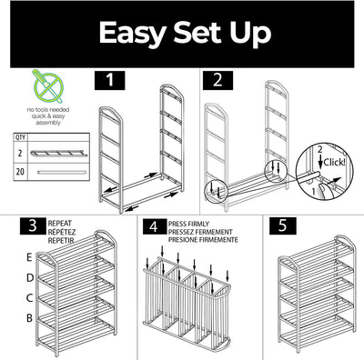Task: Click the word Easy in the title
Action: tap(133, 34)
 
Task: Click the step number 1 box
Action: tap(109, 80)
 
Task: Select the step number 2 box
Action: tap(217, 80)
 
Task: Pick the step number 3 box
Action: tap(33, 226)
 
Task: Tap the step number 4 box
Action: tap(155, 226)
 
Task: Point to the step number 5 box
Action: tap(283, 226)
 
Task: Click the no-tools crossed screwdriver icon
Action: tap(48, 86)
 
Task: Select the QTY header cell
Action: tap(20, 137)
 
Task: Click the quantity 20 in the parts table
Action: tap(20, 172)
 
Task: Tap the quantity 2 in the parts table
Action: tap(20, 153)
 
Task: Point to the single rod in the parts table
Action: tap(62, 173)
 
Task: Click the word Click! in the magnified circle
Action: tap(334, 163)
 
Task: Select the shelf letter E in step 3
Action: tap(29, 257)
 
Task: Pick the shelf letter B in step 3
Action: tap(29, 318)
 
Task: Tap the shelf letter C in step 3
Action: tap(29, 298)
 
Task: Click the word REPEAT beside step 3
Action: tap(60, 224)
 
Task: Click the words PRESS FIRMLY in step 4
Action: tap(188, 224)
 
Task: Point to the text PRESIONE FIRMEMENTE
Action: tap(203, 240)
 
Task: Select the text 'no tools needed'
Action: tap(48, 109)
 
